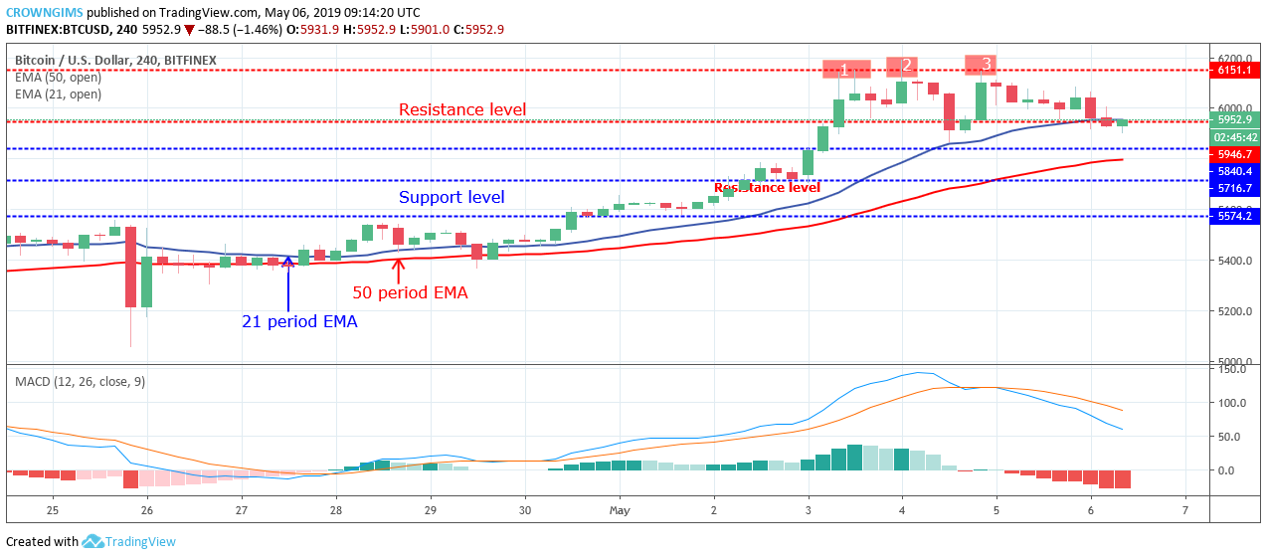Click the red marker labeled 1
tap(845, 70)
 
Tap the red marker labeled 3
tap(986, 65)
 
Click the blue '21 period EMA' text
tap(299, 321)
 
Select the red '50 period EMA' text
tap(410, 292)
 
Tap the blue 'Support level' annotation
tap(452, 197)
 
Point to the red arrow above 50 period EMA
tap(399, 269)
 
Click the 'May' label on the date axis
tap(619, 510)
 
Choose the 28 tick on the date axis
tap(336, 510)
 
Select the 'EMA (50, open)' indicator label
tap(58, 78)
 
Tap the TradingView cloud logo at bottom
tap(92, 541)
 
